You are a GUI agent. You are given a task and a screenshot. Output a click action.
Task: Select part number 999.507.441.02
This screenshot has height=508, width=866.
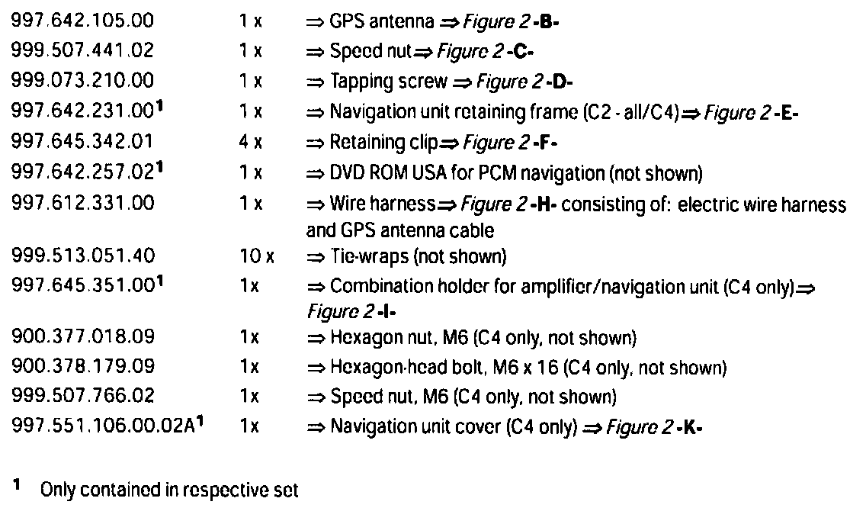83,53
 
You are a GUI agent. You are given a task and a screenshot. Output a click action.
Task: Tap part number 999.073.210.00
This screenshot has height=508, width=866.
83,82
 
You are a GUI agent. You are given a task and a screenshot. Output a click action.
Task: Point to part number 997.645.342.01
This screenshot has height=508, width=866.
83,143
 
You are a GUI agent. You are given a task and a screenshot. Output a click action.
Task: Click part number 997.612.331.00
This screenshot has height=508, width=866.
83,203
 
